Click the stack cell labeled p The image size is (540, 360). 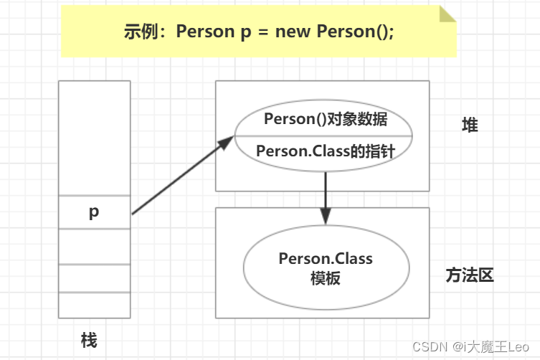(94, 212)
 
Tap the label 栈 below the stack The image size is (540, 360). (89, 339)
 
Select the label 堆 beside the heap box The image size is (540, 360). (470, 125)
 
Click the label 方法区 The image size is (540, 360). (470, 275)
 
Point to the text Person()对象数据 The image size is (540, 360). (326, 119)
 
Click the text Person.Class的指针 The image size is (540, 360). (325, 151)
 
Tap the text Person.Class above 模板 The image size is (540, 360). (326, 259)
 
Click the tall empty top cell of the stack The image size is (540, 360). (94, 137)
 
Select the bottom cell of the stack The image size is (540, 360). (94, 305)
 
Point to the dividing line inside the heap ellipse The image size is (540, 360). (326, 135)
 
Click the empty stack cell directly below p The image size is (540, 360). (94, 246)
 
